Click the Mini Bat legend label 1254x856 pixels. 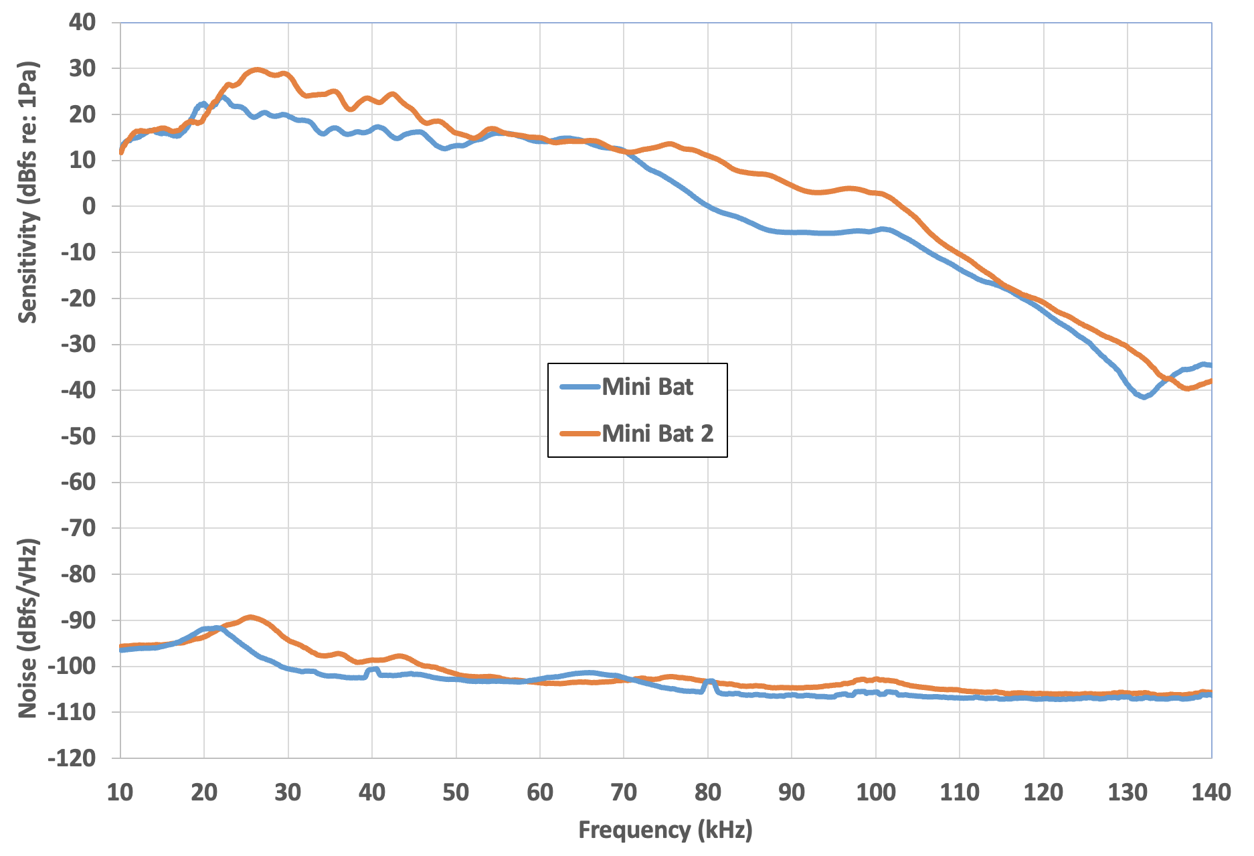click(x=647, y=387)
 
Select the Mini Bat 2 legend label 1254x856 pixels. click(x=657, y=434)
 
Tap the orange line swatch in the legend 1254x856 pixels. click(x=579, y=434)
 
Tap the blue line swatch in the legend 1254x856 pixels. click(x=579, y=387)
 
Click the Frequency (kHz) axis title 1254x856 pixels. click(x=665, y=830)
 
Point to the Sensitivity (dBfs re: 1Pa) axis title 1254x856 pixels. click(x=27, y=193)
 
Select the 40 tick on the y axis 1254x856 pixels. click(x=82, y=22)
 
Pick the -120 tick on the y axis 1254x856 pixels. click(x=73, y=758)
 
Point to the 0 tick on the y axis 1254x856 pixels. click(x=89, y=206)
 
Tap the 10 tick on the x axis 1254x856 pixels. click(x=120, y=792)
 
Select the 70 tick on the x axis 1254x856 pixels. click(x=624, y=792)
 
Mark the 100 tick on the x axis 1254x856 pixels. click(x=875, y=792)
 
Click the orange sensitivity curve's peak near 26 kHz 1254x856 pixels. click(x=256, y=70)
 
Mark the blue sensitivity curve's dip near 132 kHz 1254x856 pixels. click(x=1144, y=397)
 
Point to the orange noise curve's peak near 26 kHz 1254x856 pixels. click(x=251, y=617)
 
